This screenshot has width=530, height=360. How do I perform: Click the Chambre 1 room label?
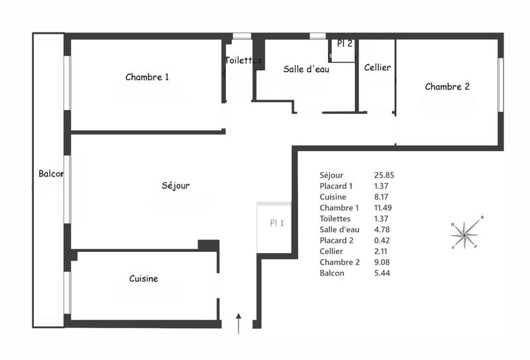click(147, 77)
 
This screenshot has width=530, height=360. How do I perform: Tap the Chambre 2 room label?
click(447, 86)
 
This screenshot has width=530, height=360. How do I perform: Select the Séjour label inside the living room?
click(176, 186)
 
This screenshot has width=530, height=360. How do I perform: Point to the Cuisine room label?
click(144, 279)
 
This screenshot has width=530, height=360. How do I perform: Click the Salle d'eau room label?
click(303, 69)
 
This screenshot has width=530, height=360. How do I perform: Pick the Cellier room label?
click(378, 68)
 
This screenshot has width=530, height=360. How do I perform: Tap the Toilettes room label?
click(243, 60)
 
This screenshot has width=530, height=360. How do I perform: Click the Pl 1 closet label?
click(276, 223)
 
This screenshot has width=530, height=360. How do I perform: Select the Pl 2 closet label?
click(344, 44)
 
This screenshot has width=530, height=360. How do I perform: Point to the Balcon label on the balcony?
click(51, 174)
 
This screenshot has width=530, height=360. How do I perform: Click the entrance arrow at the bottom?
click(239, 322)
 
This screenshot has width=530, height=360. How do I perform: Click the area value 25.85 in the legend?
click(384, 175)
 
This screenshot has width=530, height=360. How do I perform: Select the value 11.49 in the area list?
click(384, 208)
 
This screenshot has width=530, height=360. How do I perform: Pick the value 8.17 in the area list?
click(382, 197)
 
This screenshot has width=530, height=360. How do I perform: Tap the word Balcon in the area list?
click(332, 273)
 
